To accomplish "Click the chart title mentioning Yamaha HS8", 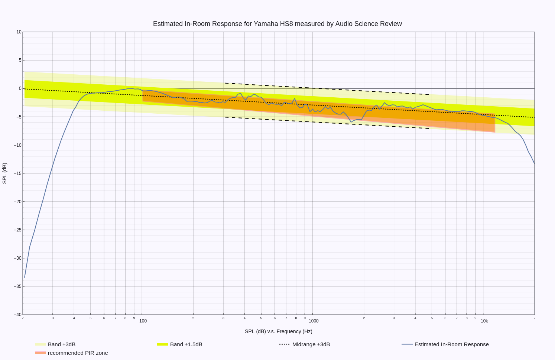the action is pyautogui.click(x=277, y=24).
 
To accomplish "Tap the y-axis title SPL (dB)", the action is pyautogui.click(x=4, y=173).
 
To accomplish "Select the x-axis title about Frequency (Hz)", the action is pyautogui.click(x=279, y=331).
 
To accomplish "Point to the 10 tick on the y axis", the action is pyautogui.click(x=19, y=32).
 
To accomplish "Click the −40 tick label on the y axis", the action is pyautogui.click(x=18, y=315).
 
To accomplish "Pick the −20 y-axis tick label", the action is pyautogui.click(x=18, y=202).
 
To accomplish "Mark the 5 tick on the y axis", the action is pyautogui.click(x=20, y=60).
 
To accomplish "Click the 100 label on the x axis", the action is pyautogui.click(x=143, y=321).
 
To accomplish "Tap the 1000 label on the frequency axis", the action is pyautogui.click(x=314, y=321).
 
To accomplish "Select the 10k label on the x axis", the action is pyautogui.click(x=484, y=321).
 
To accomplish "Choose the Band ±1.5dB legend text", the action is pyautogui.click(x=186, y=344).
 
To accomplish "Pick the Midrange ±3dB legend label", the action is pyautogui.click(x=311, y=344).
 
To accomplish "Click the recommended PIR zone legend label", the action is pyautogui.click(x=78, y=353).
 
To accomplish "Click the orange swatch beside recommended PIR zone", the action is pyautogui.click(x=40, y=353).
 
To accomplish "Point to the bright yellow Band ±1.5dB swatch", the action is pyautogui.click(x=163, y=344).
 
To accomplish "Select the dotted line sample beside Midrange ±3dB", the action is pyautogui.click(x=285, y=344).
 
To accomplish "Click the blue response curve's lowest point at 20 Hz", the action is pyautogui.click(x=25, y=278).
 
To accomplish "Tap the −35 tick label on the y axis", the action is pyautogui.click(x=18, y=286).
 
